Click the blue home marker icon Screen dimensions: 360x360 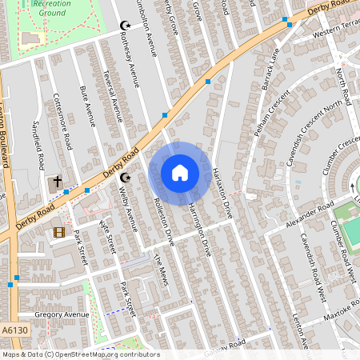pos(180,172)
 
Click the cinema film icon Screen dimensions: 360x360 pos(59,232)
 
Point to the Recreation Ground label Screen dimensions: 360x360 pos(52,8)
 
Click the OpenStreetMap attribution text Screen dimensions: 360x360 pos(80,354)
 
